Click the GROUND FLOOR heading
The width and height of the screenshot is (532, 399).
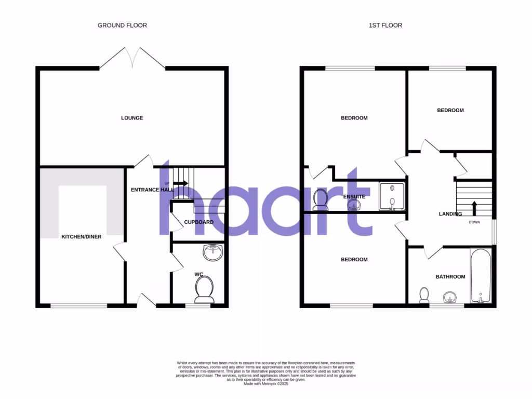click(122, 25)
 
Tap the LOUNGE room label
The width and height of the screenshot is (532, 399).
click(132, 118)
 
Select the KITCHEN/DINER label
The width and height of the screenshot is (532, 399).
click(82, 237)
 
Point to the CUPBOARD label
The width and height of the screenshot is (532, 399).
click(198, 222)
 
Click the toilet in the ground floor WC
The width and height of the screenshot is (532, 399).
click(204, 289)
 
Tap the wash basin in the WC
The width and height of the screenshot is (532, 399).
click(212, 253)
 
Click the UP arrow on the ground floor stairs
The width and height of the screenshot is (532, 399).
click(180, 183)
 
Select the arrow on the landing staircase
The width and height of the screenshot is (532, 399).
click(474, 207)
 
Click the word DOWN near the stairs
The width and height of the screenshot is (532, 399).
click(474, 222)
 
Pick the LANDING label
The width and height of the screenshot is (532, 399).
click(450, 214)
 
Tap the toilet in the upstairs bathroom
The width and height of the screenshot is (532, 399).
click(424, 295)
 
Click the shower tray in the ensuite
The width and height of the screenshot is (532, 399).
click(392, 196)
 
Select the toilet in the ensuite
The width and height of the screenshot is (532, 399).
click(320, 199)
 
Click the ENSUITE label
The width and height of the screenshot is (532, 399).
click(354, 197)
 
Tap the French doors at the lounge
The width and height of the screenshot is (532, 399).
click(132, 57)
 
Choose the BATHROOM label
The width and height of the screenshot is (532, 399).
click(450, 277)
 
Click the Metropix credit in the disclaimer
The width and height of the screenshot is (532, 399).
click(265, 383)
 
